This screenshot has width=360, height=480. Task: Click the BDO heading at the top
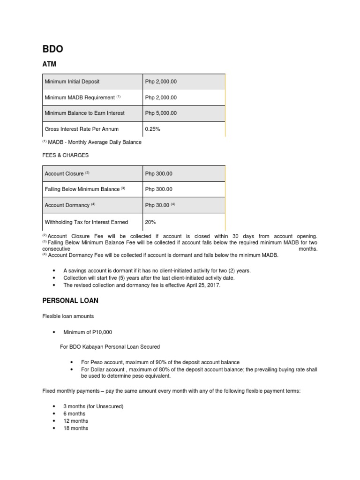pyautogui.click(x=52, y=49)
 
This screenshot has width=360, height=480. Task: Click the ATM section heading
pyautogui.click(x=49, y=64)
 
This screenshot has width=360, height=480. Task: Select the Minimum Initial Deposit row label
pyautogui.click(x=72, y=82)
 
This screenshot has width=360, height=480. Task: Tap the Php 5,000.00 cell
pyautogui.click(x=161, y=113)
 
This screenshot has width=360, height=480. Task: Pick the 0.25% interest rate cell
pyautogui.click(x=152, y=129)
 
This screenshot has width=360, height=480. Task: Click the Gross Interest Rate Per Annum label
pyautogui.click(x=82, y=129)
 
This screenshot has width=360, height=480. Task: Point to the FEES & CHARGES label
pyautogui.click(x=65, y=155)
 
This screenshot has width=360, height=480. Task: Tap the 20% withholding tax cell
pyautogui.click(x=150, y=222)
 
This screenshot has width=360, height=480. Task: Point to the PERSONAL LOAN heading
pyautogui.click(x=70, y=300)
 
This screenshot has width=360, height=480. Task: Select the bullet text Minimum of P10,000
pyautogui.click(x=88, y=332)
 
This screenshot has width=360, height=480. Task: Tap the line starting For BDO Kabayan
pyautogui.click(x=110, y=347)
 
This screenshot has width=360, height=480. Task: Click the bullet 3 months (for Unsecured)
pyautogui.click(x=93, y=406)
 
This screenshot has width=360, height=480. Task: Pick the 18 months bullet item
pyautogui.click(x=75, y=428)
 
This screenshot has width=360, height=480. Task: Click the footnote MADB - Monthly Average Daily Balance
pyautogui.click(x=94, y=142)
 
